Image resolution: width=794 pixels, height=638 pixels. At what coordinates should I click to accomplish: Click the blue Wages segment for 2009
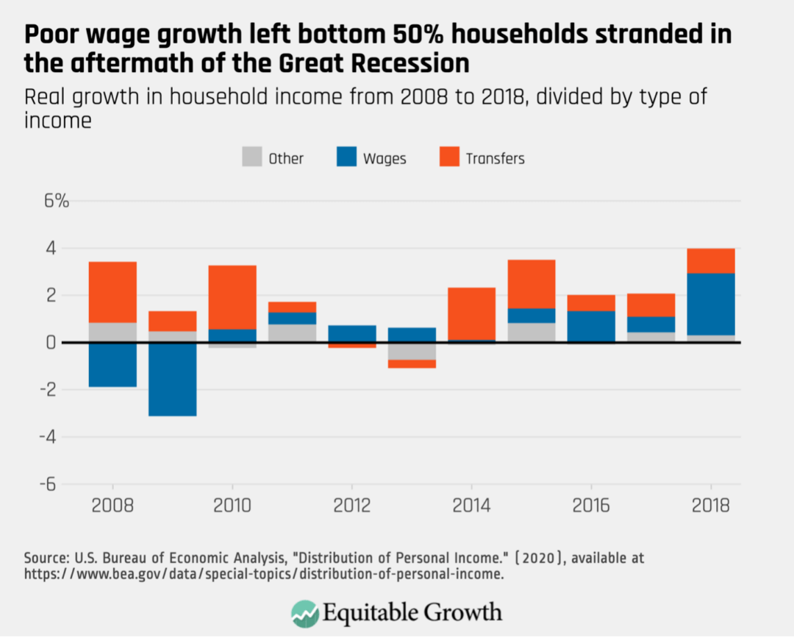click(x=172, y=379)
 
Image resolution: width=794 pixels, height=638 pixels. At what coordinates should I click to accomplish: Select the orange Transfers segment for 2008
click(x=112, y=292)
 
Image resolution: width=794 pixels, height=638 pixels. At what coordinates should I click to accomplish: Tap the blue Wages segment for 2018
click(x=711, y=304)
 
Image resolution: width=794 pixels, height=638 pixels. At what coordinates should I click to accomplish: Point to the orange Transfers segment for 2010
click(x=232, y=297)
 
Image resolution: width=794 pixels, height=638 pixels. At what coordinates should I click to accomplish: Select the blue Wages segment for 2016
click(x=591, y=326)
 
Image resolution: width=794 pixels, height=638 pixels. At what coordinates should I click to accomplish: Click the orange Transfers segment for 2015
click(x=532, y=284)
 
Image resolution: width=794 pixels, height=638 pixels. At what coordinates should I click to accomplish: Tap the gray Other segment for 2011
click(x=292, y=333)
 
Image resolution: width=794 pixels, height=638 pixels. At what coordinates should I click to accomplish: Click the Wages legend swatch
click(x=347, y=157)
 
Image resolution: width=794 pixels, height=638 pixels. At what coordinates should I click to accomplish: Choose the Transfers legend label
click(x=495, y=158)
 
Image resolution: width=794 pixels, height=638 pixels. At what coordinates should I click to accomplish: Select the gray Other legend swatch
click(x=252, y=157)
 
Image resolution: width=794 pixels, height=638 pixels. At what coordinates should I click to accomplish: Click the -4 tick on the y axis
click(x=51, y=437)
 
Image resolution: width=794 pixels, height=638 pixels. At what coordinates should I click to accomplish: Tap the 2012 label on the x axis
click(x=352, y=507)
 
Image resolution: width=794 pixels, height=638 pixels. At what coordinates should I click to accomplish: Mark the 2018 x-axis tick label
click(x=711, y=507)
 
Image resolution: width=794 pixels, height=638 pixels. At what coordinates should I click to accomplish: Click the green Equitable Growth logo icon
click(x=304, y=612)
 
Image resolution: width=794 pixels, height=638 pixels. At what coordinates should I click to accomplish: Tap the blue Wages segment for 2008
click(x=112, y=364)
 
